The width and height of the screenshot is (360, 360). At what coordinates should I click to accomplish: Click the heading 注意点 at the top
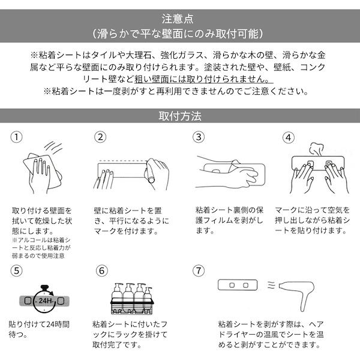click(180, 17)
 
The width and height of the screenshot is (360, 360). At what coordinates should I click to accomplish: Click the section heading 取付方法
click(180, 115)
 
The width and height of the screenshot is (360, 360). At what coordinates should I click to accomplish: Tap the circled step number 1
click(17, 137)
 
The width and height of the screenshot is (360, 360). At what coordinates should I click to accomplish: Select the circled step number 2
click(100, 137)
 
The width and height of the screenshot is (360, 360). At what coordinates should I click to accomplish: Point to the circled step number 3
click(198, 137)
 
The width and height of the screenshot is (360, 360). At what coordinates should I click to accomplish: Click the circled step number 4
click(289, 137)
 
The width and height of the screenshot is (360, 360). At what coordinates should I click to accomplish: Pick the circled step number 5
click(17, 271)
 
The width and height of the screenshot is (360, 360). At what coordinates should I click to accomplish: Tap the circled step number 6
click(100, 271)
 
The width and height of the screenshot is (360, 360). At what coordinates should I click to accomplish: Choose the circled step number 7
click(198, 271)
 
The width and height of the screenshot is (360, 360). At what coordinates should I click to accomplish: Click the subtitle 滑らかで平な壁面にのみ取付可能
click(180, 32)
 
